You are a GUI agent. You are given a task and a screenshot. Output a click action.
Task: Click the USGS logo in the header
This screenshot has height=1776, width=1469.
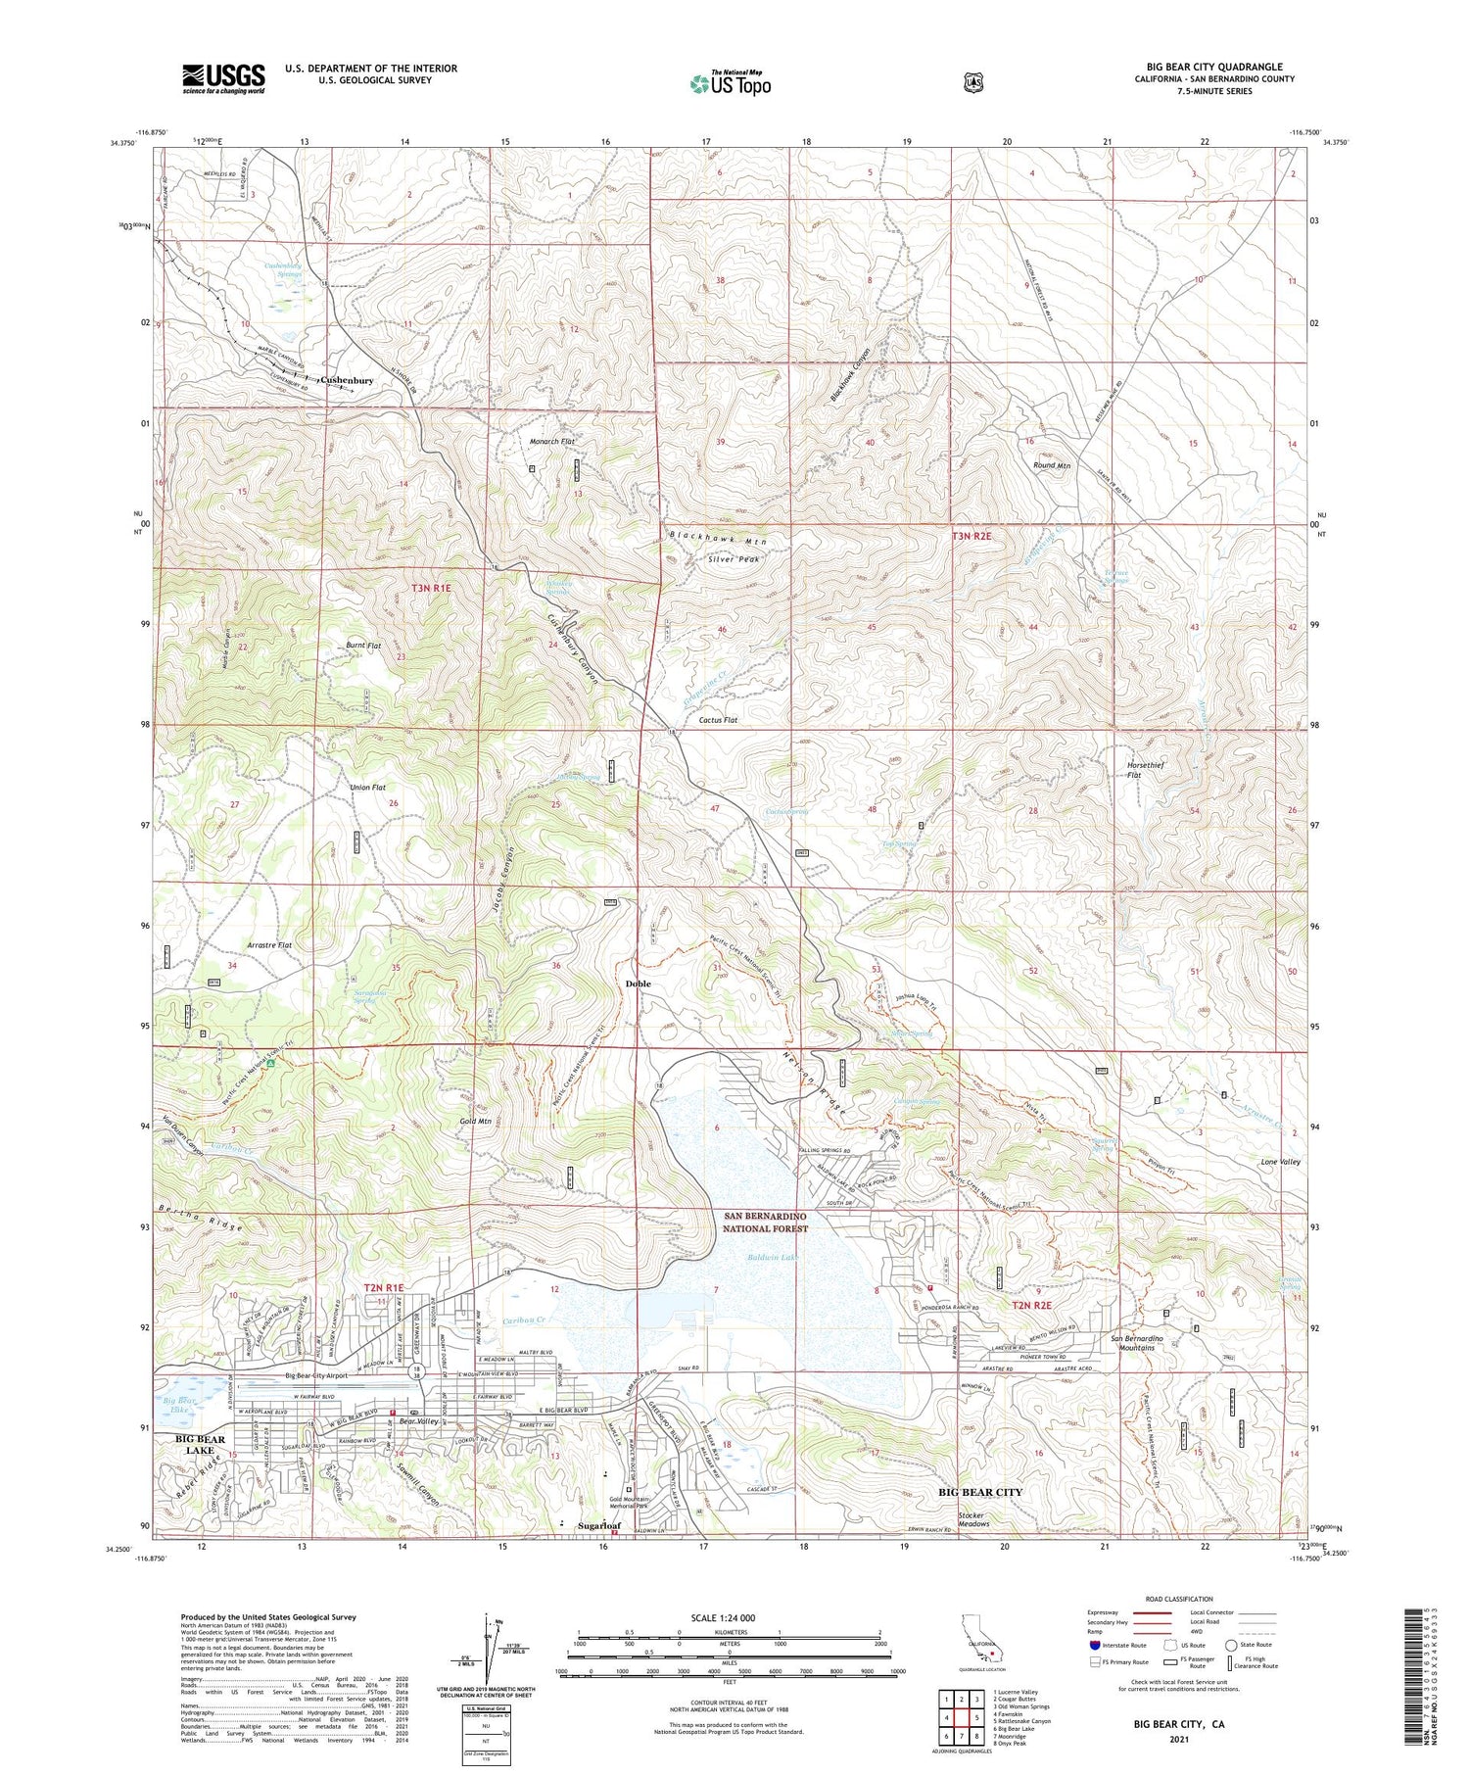(223, 78)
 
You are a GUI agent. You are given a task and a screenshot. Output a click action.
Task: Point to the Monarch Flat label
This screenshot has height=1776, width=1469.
(551, 442)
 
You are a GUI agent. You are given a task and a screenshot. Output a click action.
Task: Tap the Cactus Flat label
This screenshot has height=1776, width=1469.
(718, 720)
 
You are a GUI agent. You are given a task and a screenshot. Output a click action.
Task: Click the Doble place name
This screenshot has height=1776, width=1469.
(639, 984)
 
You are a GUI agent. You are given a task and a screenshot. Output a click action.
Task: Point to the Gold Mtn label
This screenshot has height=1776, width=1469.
(473, 1121)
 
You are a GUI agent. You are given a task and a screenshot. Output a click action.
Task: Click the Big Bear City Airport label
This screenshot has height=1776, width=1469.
(316, 1375)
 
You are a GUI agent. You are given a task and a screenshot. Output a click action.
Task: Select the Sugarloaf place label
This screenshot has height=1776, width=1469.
(598, 1526)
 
